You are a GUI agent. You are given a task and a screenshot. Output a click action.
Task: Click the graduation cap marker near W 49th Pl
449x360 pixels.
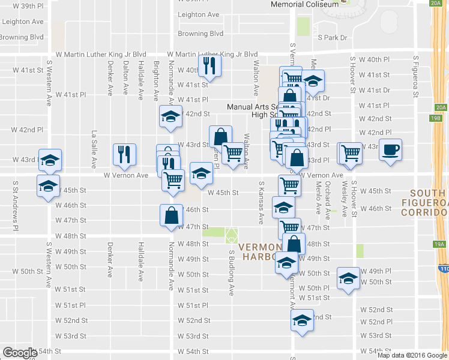(347, 278)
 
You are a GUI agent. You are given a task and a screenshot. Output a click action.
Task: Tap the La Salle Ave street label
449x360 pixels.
(94, 149)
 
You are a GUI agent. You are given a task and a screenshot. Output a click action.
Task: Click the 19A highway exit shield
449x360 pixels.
(439, 244)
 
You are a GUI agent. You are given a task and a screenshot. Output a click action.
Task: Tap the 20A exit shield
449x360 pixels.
(441, 107)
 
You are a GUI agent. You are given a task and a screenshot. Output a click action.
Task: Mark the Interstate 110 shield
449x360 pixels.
(443, 269)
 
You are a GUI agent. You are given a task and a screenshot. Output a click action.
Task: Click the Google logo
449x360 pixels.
(19, 353)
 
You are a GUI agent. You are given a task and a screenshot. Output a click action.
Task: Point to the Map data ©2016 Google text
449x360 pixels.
(412, 355)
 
